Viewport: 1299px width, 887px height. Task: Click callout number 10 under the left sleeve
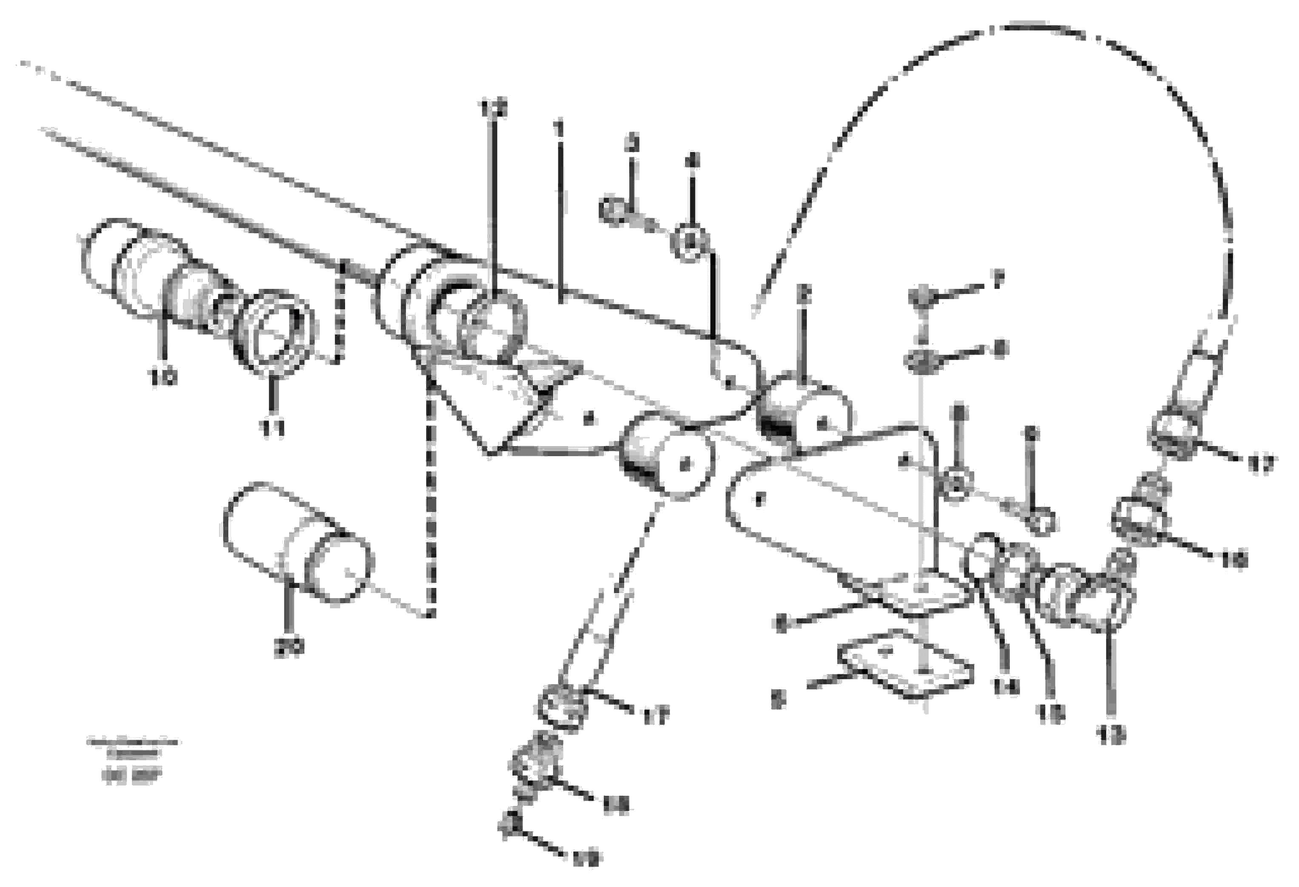click(163, 377)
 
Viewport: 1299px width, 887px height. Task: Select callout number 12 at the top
click(494, 108)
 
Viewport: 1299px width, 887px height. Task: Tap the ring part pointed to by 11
click(274, 334)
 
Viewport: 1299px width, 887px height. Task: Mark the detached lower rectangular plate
click(906, 670)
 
